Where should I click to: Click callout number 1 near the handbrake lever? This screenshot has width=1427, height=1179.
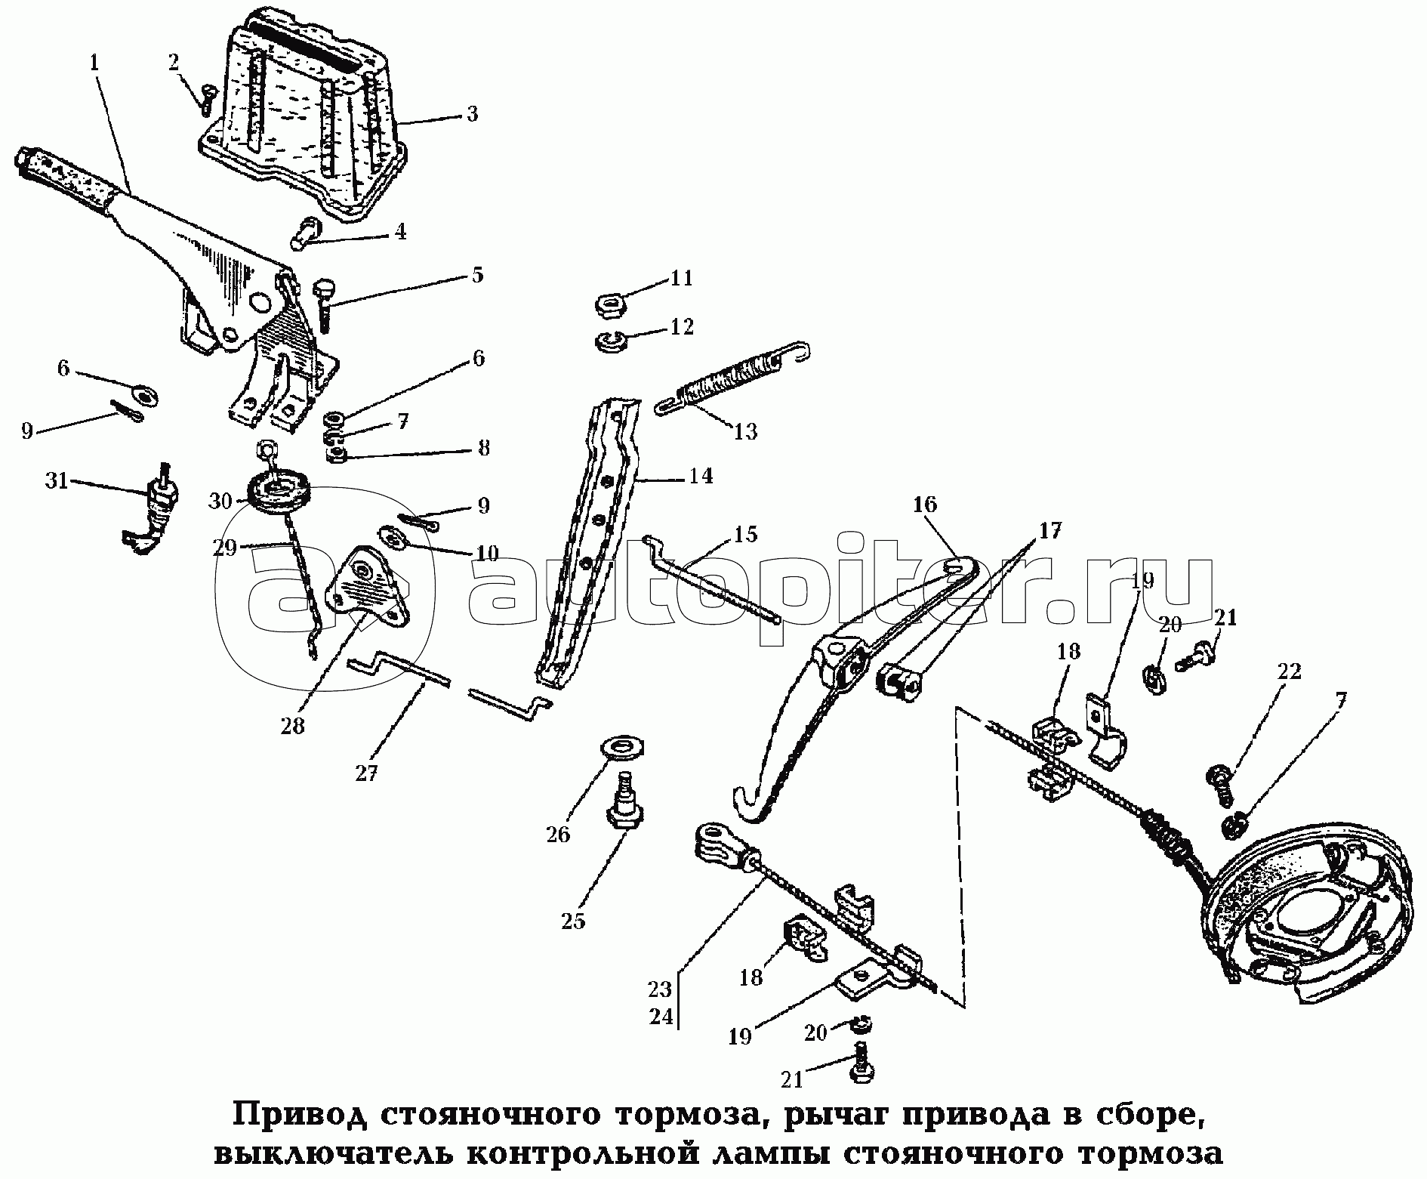(94, 63)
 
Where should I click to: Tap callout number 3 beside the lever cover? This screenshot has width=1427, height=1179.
(471, 115)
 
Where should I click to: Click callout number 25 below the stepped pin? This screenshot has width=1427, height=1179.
(573, 921)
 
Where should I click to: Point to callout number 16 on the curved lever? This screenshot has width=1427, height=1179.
(924, 504)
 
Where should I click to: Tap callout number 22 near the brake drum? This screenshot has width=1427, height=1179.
(1289, 671)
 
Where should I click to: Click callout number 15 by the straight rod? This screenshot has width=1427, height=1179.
(745, 535)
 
